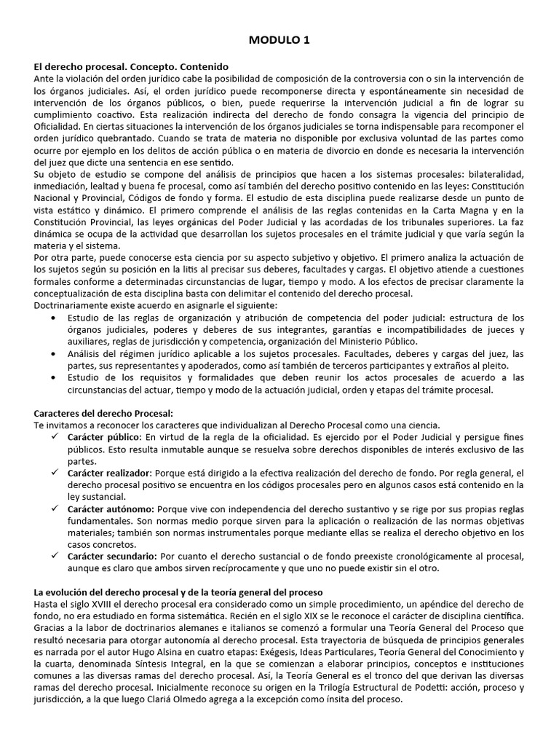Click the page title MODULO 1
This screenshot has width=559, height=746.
click(279, 41)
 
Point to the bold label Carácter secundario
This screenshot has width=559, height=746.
click(113, 556)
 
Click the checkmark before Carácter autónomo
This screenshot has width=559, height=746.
click(55, 509)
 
